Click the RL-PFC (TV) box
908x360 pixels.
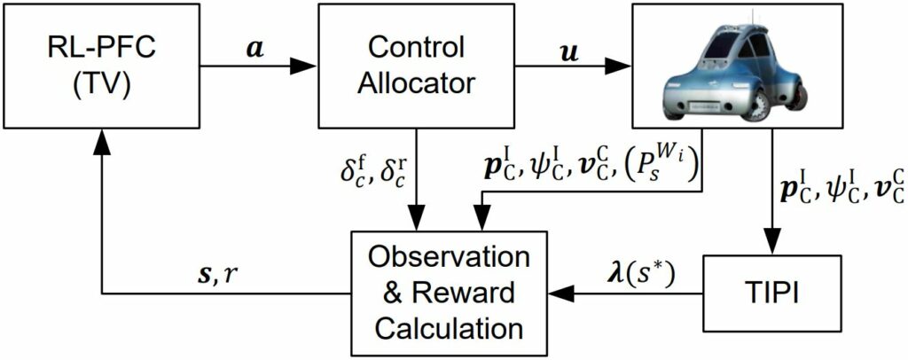[102, 65]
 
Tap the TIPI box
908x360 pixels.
[771, 291]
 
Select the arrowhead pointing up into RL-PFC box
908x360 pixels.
[102, 135]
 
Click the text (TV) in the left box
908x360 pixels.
[102, 82]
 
